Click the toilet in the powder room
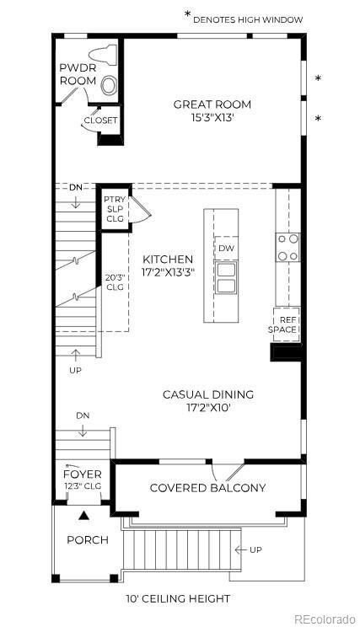102,55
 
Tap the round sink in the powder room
109,85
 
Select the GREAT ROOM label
212,104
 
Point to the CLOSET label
100,120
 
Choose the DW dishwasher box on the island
227,248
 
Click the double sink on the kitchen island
226,277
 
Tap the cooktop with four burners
288,247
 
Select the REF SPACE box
287,324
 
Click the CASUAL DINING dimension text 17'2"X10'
208,409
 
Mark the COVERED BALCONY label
207,488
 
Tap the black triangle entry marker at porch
83,515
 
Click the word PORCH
88,540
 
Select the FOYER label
83,474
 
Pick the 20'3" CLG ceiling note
114,282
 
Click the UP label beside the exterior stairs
255,549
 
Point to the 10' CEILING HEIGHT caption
178,598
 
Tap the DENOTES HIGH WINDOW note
248,19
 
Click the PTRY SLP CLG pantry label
115,209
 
